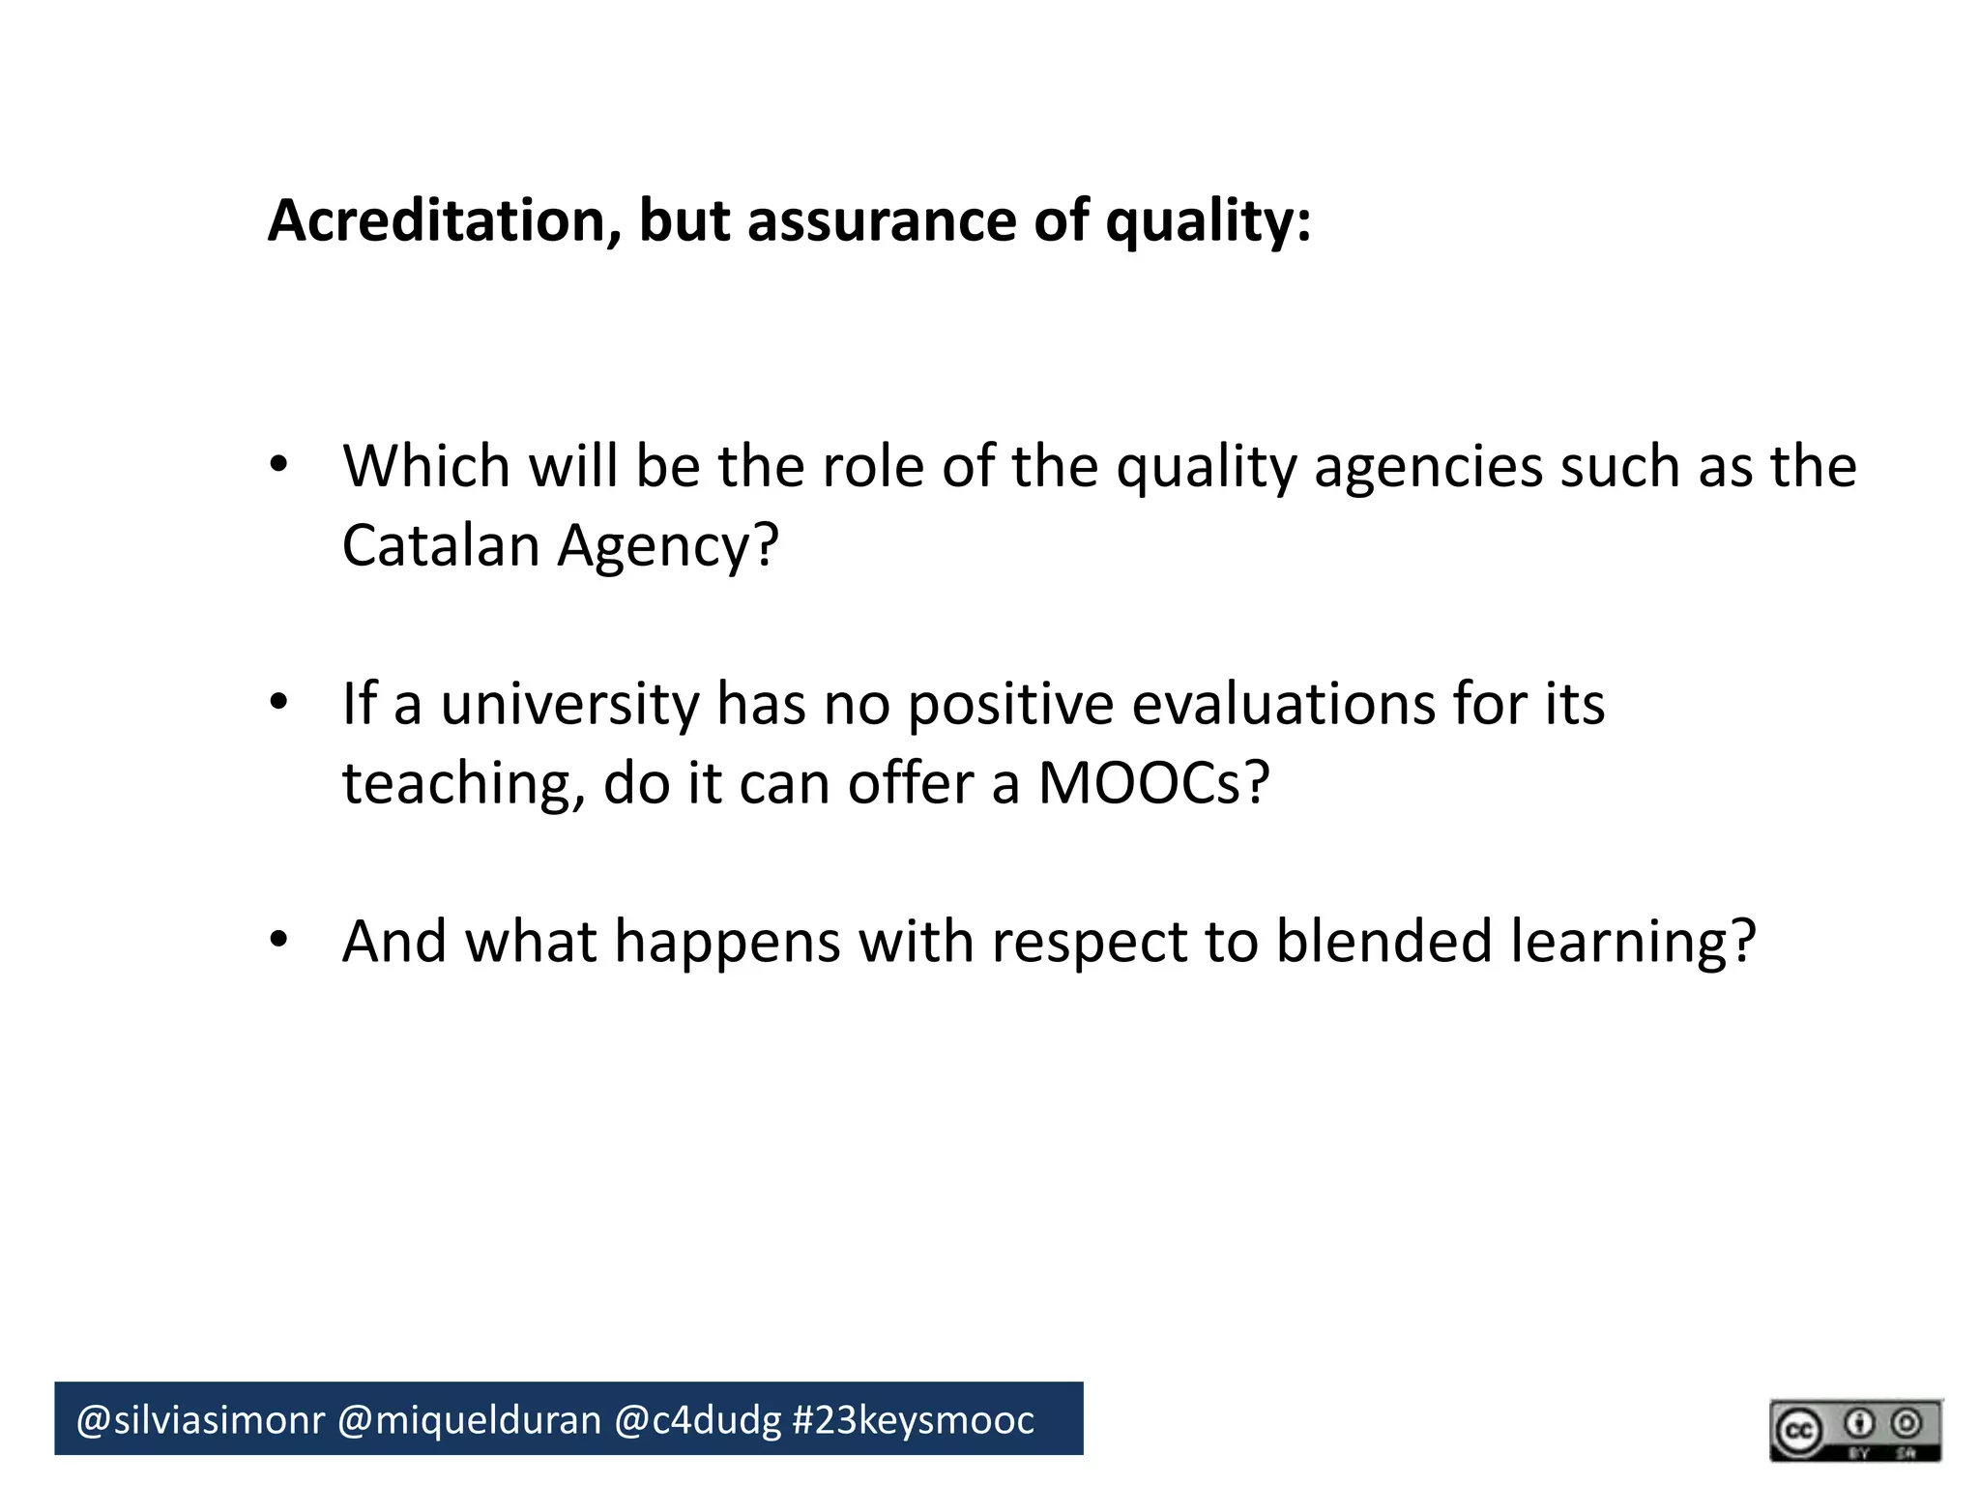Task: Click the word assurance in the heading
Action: (880, 220)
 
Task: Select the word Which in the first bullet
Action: (426, 466)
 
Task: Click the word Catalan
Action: (441, 545)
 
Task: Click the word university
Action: (569, 706)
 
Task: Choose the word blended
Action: (1383, 942)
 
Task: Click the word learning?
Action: (1633, 944)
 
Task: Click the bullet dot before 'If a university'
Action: (279, 703)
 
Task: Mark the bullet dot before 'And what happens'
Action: (279, 940)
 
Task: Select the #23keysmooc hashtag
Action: (913, 1420)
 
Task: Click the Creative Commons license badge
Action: (1855, 1429)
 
